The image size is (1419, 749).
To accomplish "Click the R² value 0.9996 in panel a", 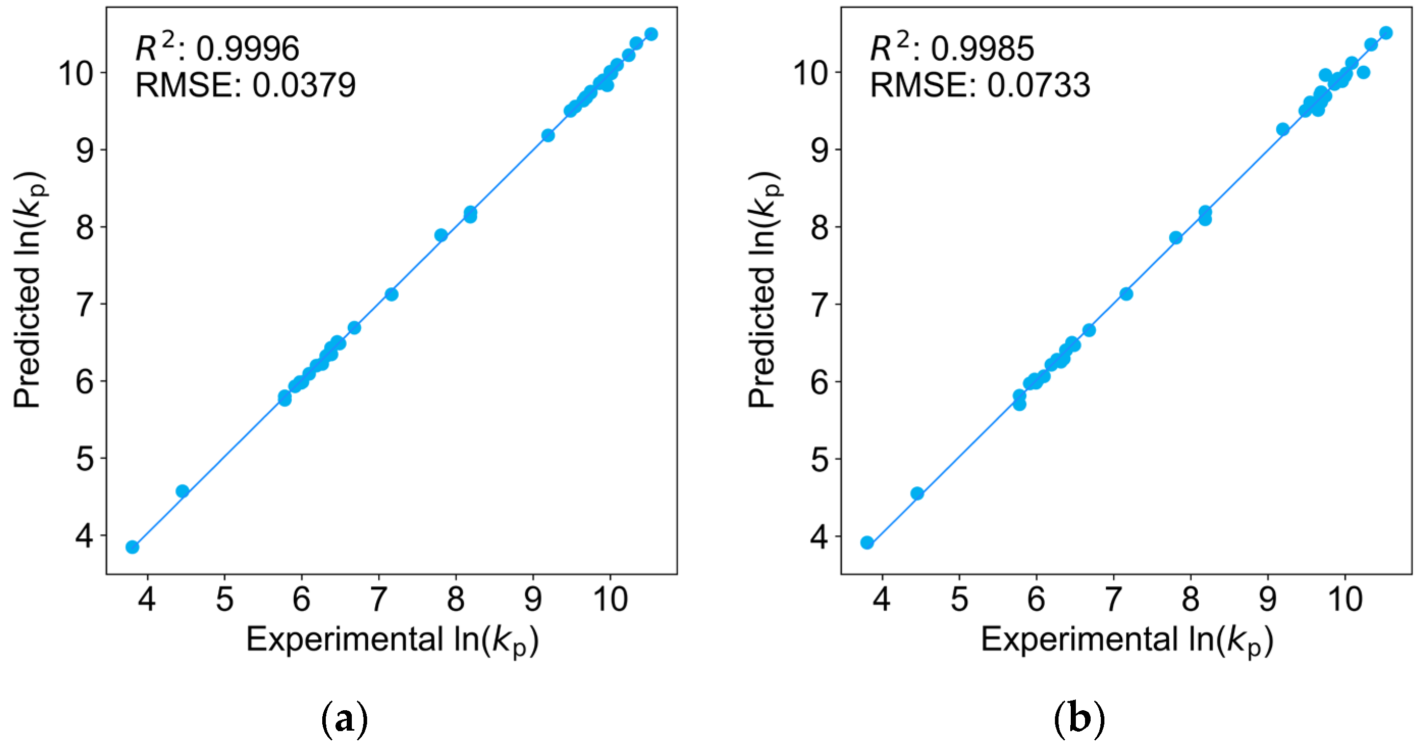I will (247, 48).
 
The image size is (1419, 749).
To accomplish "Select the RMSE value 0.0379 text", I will (303, 85).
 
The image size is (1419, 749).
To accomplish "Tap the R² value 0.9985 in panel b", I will (982, 48).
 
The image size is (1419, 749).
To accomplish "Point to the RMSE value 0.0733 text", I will (1038, 85).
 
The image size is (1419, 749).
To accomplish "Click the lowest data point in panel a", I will (132, 547).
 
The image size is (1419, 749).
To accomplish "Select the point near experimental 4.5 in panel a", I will (183, 491).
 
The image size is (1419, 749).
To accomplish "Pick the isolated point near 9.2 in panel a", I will (548, 136).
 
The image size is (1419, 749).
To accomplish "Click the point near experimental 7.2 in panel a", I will (392, 294).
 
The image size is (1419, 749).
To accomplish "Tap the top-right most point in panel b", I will (1386, 33).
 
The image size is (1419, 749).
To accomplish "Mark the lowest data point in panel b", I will (867, 543).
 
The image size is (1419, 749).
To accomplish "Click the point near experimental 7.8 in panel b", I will (1175, 238).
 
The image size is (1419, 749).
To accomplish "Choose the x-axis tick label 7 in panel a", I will (378, 599).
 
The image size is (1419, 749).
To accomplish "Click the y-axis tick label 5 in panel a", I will (85, 459).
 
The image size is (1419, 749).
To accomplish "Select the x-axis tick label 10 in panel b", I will (1345, 599).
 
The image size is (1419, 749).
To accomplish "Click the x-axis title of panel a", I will (392, 640).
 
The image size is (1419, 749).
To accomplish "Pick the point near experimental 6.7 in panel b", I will (1089, 330).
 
